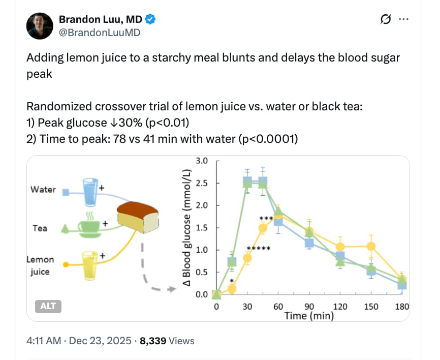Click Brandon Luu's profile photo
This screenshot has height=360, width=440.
point(40,26)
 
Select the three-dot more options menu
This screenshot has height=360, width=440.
point(404,19)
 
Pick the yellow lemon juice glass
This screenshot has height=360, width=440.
point(90,265)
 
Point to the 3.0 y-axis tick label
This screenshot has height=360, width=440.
point(202,161)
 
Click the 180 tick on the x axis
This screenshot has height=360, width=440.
point(402,307)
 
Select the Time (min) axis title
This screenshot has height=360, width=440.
point(309,316)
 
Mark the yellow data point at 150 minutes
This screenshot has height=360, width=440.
point(371,247)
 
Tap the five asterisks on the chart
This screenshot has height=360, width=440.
point(258,249)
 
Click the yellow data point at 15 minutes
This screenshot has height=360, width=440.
point(232,289)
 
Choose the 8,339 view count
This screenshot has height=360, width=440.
point(153,341)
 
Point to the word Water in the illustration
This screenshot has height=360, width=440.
point(43,190)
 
